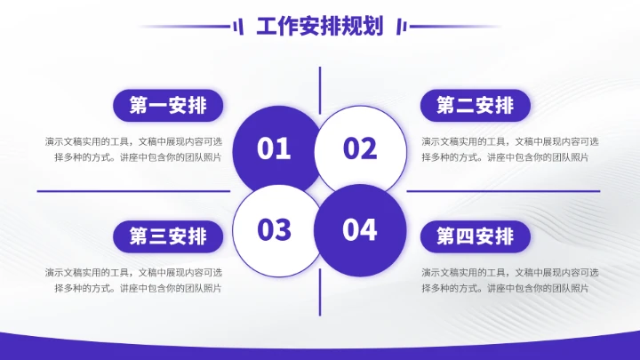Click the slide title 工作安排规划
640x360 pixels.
[x=319, y=27]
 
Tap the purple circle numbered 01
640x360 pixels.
[x=275, y=148]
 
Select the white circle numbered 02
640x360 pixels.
[x=360, y=148]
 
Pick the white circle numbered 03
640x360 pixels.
[x=275, y=229]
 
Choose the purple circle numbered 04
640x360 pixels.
[x=360, y=229]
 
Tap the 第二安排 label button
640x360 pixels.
[x=475, y=106]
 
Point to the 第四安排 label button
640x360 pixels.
[x=475, y=236]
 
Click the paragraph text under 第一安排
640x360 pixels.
[x=133, y=149]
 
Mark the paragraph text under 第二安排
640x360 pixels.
[x=509, y=149]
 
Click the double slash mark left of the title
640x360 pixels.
[x=237, y=27]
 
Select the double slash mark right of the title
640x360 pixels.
[x=401, y=27]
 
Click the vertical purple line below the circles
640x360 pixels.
[x=319, y=293]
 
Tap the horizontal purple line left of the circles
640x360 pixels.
[x=133, y=190]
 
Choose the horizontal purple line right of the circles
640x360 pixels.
[x=503, y=190]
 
